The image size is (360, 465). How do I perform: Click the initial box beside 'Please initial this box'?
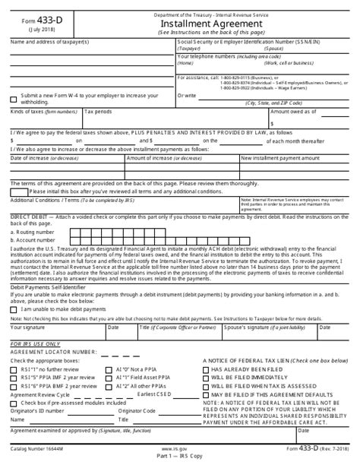24,193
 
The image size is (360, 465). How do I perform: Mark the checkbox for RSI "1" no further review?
14,369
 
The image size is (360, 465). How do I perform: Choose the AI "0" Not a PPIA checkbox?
110,369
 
